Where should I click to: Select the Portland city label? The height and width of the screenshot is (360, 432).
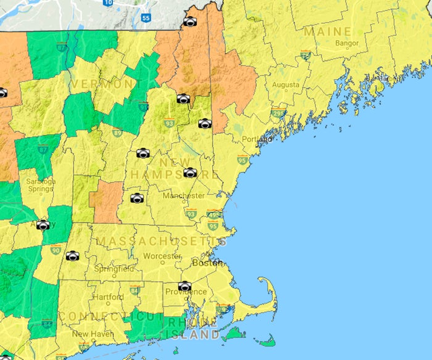pyautogui.click(x=256, y=139)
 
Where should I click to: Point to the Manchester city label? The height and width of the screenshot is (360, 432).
pyautogui.click(x=184, y=195)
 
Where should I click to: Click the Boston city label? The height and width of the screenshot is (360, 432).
pyautogui.click(x=207, y=262)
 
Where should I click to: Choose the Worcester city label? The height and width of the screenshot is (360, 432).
pyautogui.click(x=162, y=256)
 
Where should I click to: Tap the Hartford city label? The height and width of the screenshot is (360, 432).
pyautogui.click(x=107, y=297)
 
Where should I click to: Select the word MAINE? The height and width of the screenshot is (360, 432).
pyautogui.click(x=328, y=31)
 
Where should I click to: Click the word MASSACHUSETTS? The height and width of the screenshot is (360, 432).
pyautogui.click(x=162, y=240)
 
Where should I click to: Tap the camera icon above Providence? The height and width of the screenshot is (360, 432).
pyautogui.click(x=185, y=285)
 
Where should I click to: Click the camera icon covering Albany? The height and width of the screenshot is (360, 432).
pyautogui.click(x=43, y=225)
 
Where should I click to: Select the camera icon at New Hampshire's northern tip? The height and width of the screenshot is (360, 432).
pyautogui.click(x=190, y=22)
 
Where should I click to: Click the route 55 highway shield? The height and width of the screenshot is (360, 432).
pyautogui.click(x=146, y=18)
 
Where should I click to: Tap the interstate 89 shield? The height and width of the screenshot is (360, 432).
pyautogui.click(x=117, y=132)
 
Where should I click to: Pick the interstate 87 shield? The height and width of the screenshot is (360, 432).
pyautogui.click(x=41, y=150)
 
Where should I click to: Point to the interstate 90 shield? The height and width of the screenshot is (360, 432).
pyautogui.click(x=56, y=250)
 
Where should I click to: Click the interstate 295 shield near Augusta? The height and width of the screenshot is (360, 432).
pyautogui.click(x=278, y=114)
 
